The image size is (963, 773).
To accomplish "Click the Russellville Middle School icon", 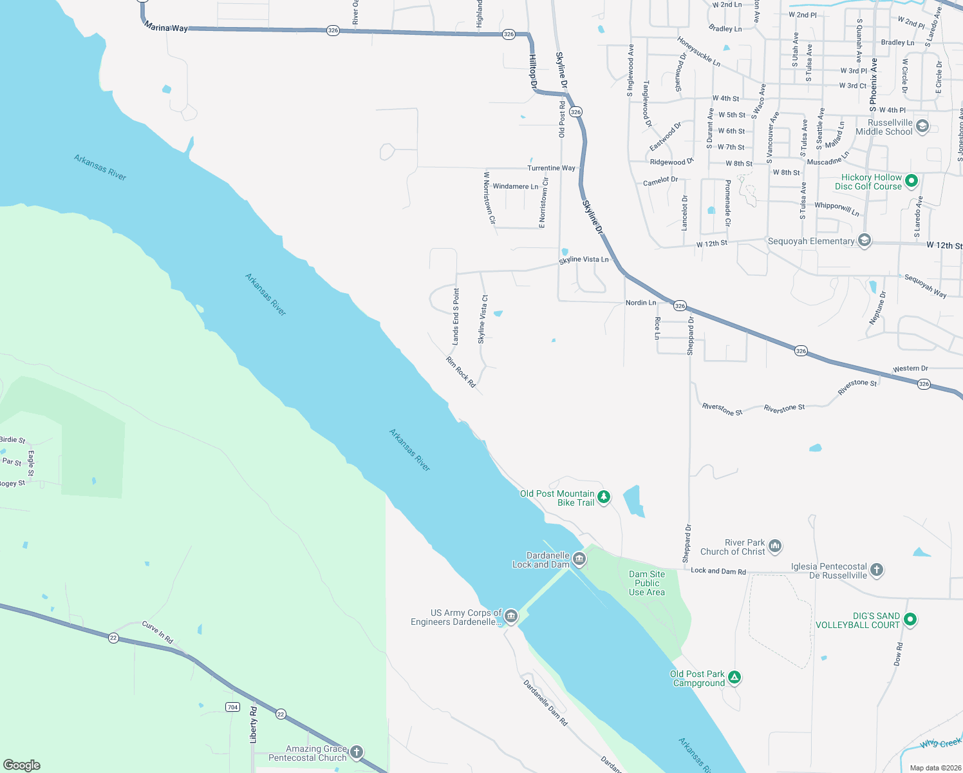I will point(922,126).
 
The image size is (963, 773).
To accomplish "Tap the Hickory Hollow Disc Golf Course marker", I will point(911,181).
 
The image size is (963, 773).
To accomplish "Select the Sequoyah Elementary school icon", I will point(865,241).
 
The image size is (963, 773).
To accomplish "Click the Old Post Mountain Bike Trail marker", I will point(603,497).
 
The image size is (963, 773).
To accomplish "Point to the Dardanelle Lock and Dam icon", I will point(579,559).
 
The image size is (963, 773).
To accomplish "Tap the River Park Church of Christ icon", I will point(774,547).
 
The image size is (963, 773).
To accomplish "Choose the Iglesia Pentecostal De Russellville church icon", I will point(876,570).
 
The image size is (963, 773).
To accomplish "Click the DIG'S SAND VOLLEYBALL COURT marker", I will point(910,620).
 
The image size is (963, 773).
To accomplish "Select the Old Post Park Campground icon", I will point(734,678).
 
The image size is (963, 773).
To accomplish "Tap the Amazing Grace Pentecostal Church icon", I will point(356,752).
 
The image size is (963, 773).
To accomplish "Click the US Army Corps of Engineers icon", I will point(510,616).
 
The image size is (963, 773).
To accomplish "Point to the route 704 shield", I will point(232,707).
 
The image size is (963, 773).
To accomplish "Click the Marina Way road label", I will point(166,27).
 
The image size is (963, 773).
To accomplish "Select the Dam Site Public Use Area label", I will point(647,583).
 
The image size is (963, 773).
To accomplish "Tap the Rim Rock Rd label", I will point(461,372).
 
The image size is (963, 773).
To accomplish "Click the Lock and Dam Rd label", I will point(718,571).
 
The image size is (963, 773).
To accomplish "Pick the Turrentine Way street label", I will point(551,168).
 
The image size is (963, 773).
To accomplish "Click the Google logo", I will point(22,765).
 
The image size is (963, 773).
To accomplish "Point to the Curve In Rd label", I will point(158,632).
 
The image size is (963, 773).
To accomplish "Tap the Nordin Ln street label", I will point(640,303).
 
